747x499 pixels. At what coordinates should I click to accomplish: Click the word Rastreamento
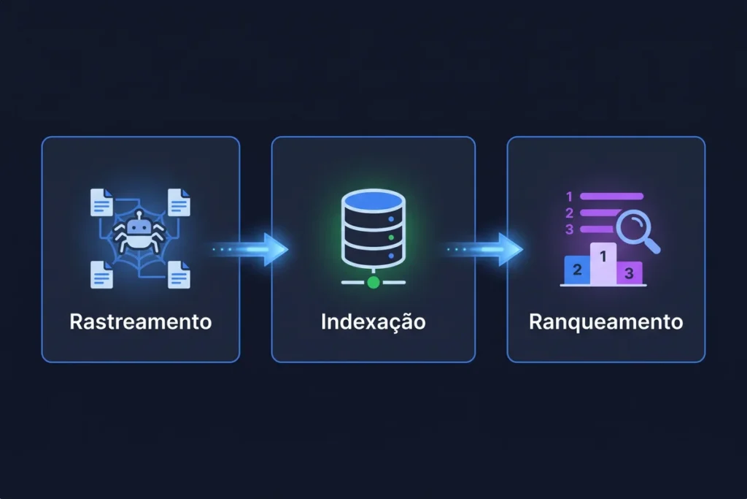(x=141, y=321)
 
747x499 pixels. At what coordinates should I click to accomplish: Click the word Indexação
(x=373, y=321)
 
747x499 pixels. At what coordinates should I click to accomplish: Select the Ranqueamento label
(x=605, y=322)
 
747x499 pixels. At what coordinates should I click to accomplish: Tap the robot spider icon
(x=139, y=232)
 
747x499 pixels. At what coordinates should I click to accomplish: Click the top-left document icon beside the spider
(x=101, y=202)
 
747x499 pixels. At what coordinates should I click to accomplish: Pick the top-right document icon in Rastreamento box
(x=179, y=202)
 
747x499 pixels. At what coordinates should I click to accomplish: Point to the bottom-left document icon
(x=101, y=275)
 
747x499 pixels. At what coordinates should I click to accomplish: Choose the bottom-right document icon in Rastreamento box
(x=179, y=275)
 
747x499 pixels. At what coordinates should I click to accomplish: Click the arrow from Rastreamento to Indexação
(x=250, y=249)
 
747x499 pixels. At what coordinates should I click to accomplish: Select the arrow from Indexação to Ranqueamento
(x=484, y=249)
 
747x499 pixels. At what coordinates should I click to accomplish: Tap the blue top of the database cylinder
(x=373, y=200)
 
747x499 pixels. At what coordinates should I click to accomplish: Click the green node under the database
(x=373, y=283)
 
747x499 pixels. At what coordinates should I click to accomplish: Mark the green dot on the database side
(x=391, y=237)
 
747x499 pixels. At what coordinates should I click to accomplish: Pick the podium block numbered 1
(x=603, y=264)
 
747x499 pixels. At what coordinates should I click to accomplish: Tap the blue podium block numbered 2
(x=578, y=270)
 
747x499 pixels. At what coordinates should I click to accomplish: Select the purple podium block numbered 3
(x=630, y=273)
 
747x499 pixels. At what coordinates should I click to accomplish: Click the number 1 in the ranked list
(x=569, y=197)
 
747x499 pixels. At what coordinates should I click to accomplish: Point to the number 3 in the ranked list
(x=569, y=229)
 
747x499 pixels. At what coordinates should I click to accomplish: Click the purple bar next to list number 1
(x=612, y=197)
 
